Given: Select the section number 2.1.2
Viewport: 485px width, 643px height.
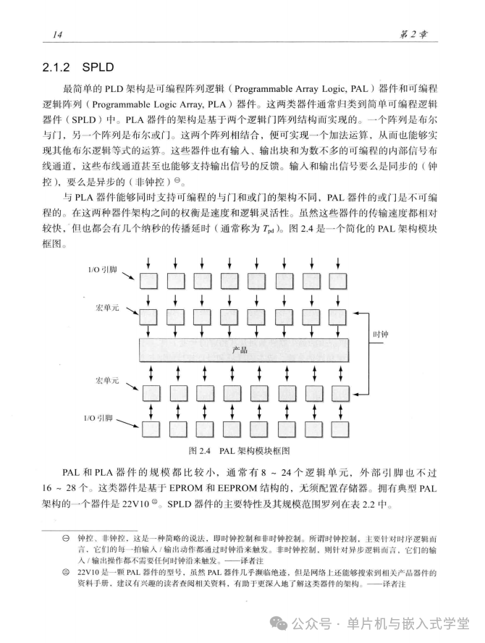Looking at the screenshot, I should click(x=62, y=69).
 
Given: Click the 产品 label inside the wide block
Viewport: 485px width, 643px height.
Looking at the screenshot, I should click(x=240, y=350).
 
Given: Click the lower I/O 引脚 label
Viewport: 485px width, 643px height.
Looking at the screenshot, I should click(x=100, y=418).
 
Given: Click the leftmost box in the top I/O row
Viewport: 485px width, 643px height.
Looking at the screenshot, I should click(x=151, y=280).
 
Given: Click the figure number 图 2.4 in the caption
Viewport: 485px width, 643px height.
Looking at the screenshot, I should click(x=199, y=450).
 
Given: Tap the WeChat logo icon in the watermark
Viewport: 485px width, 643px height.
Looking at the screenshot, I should click(x=279, y=623).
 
